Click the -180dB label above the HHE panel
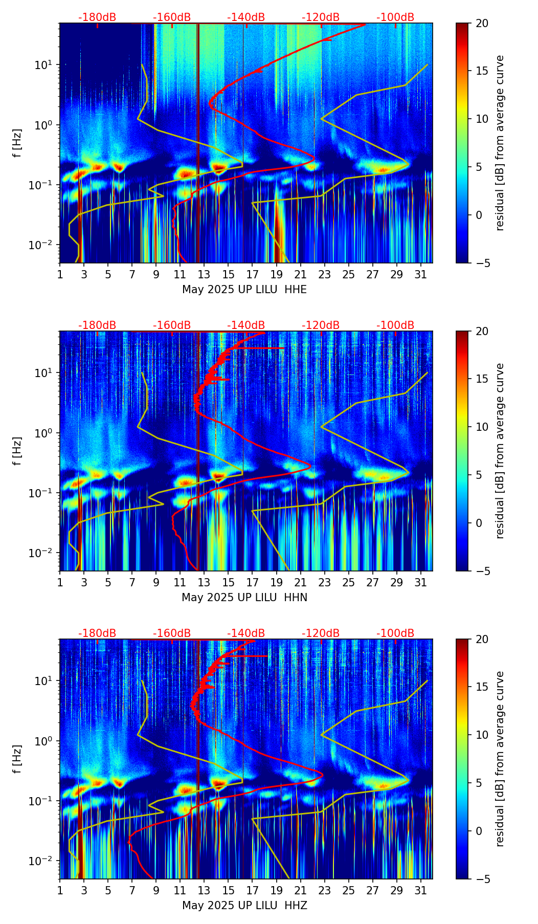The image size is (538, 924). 97,17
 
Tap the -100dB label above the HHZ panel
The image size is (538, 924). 395,633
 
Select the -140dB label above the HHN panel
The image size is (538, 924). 246,325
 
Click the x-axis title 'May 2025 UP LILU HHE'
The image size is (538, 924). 244,290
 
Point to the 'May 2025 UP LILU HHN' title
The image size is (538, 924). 244,598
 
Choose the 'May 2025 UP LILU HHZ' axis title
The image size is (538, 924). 244,906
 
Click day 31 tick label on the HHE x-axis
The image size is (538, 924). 421,275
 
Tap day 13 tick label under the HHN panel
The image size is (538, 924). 204,583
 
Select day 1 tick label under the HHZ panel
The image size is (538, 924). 60,891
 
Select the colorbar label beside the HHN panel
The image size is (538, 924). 500,451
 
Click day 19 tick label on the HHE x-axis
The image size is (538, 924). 276,275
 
